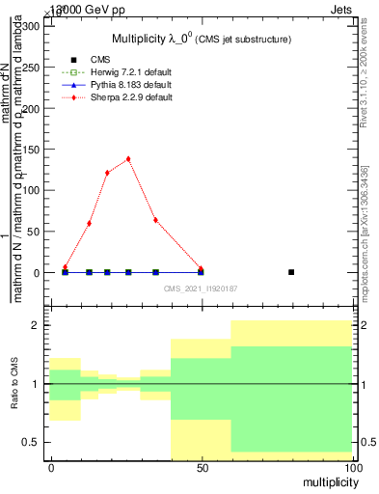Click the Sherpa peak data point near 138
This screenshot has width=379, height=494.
(x=128, y=159)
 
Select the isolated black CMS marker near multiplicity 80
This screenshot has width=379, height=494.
(x=291, y=272)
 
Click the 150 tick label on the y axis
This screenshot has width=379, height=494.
(x=31, y=150)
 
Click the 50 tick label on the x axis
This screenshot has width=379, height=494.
(x=202, y=467)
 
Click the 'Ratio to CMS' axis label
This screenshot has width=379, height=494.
(x=14, y=384)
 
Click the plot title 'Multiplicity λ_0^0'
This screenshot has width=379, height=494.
(x=182, y=38)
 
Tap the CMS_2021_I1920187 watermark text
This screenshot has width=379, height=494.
(x=200, y=288)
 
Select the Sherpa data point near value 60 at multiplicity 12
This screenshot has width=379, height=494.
(x=89, y=223)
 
